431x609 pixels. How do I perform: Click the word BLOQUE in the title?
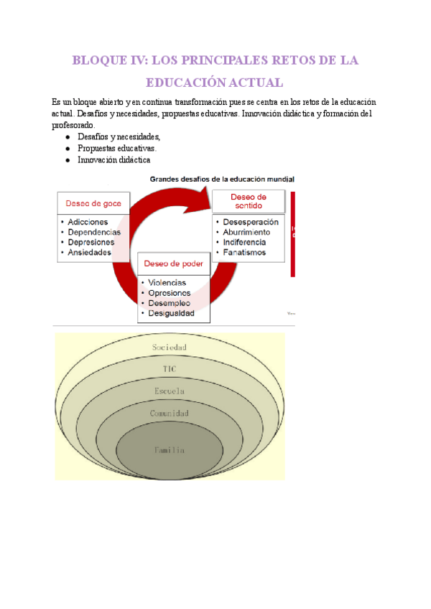(98, 61)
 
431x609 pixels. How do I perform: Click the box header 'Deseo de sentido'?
(249, 201)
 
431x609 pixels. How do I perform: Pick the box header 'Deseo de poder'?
(173, 264)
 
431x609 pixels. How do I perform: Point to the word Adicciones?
(88, 223)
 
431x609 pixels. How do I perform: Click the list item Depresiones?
(91, 243)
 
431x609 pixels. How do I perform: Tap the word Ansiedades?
(90, 253)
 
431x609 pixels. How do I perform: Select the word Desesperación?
(250, 223)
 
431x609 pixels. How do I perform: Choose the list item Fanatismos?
(244, 253)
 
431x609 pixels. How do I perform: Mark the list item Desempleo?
(170, 303)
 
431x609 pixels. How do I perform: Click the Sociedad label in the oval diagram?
(170, 348)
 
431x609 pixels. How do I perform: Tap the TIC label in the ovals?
(170, 369)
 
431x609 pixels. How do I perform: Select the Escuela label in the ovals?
(170, 391)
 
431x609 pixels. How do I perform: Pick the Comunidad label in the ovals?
(170, 414)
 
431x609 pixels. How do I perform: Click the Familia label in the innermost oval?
(170, 450)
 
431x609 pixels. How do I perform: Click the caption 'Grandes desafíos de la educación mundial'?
(221, 179)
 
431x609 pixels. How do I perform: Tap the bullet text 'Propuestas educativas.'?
(116, 149)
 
